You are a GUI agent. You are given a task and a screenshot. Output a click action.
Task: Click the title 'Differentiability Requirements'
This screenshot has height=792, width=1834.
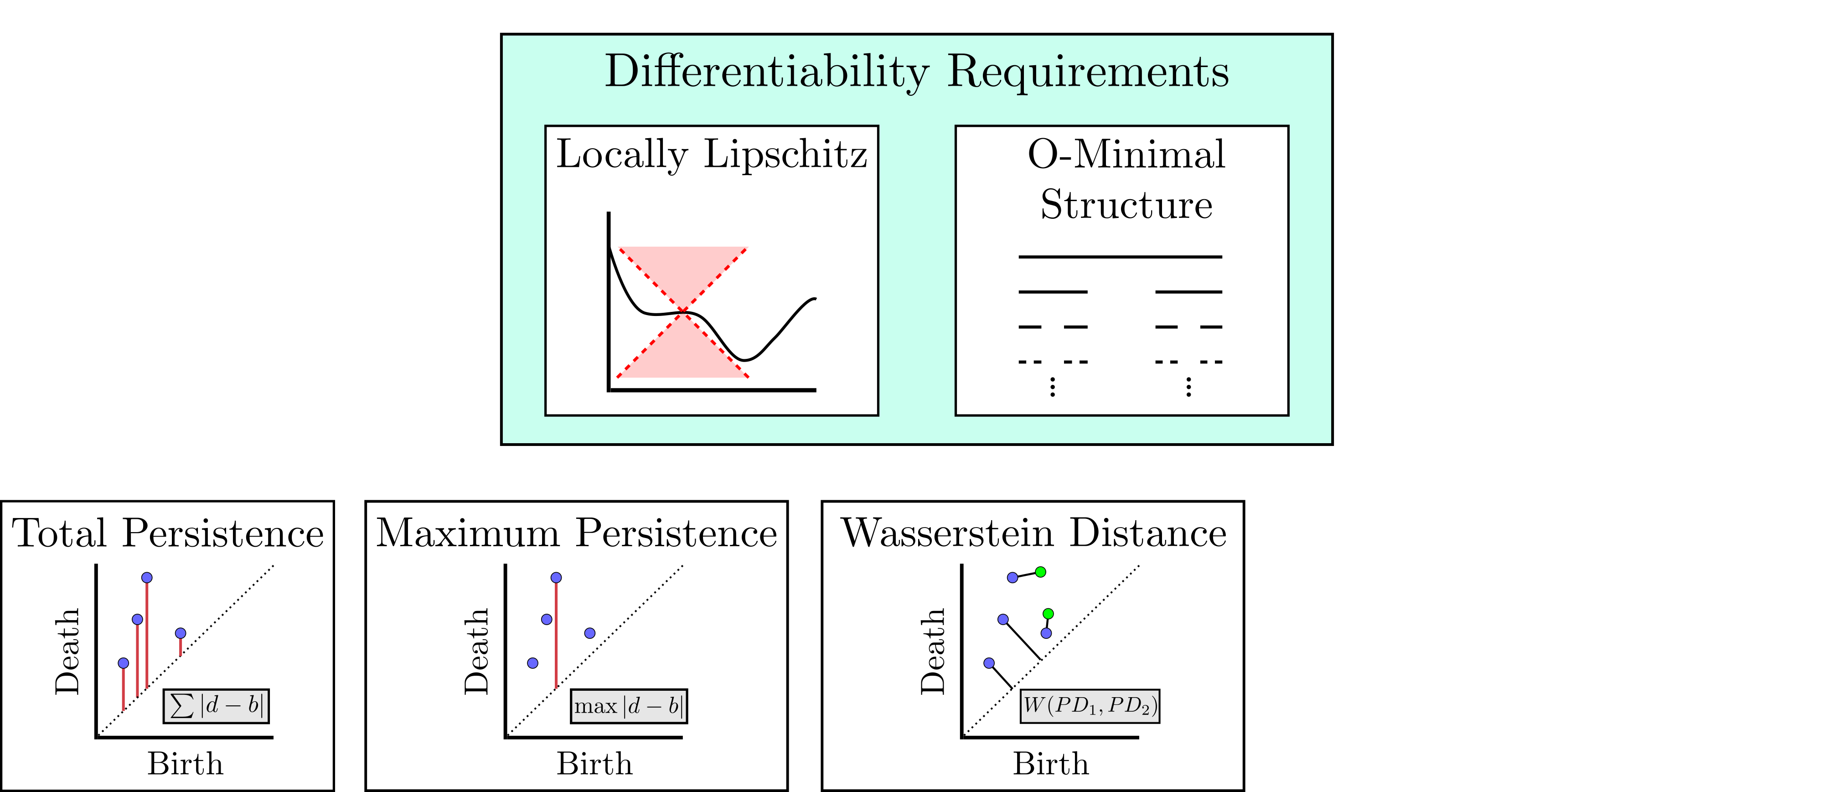tap(916, 72)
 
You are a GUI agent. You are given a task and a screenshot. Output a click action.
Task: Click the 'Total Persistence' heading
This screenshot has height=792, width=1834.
tap(168, 533)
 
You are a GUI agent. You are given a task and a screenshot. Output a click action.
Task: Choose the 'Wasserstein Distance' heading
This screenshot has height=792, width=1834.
tap(1034, 533)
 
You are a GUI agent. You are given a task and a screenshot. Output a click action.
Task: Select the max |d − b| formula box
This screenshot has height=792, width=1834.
tap(629, 706)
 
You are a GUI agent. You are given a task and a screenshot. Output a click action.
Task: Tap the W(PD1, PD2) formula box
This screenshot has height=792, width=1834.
tap(1089, 706)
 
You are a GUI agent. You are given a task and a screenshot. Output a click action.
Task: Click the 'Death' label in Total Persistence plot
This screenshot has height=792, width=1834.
tap(67, 651)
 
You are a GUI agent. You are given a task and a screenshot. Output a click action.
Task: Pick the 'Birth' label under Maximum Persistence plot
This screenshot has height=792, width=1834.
tap(594, 764)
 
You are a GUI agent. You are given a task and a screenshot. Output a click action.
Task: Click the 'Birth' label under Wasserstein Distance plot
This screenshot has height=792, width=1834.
tap(1051, 764)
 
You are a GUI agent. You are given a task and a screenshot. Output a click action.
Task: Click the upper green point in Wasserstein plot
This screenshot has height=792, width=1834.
tap(1040, 572)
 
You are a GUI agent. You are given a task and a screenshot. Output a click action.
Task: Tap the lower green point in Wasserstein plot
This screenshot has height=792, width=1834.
tap(1048, 614)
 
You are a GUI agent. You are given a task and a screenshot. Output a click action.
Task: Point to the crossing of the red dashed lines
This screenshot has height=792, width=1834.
tap(683, 312)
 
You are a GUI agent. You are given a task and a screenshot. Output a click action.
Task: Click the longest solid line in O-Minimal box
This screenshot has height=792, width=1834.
tap(1120, 256)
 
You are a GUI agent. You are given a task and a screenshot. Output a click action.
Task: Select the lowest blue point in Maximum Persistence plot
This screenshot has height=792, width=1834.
tap(532, 663)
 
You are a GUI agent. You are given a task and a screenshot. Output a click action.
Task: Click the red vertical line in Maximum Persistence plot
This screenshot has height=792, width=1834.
tap(556, 634)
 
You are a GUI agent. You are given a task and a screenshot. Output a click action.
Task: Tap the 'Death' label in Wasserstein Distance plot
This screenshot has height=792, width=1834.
tap(933, 651)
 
